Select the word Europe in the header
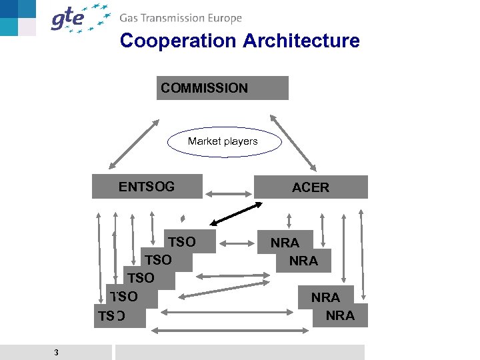(224, 19)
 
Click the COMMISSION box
(222, 88)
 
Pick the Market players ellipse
(223, 141)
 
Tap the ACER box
(311, 187)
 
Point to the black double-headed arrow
(235, 214)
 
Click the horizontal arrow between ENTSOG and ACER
(228, 194)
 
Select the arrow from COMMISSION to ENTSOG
(133, 143)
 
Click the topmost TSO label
(182, 242)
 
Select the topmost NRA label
(285, 243)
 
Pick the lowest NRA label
(340, 315)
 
